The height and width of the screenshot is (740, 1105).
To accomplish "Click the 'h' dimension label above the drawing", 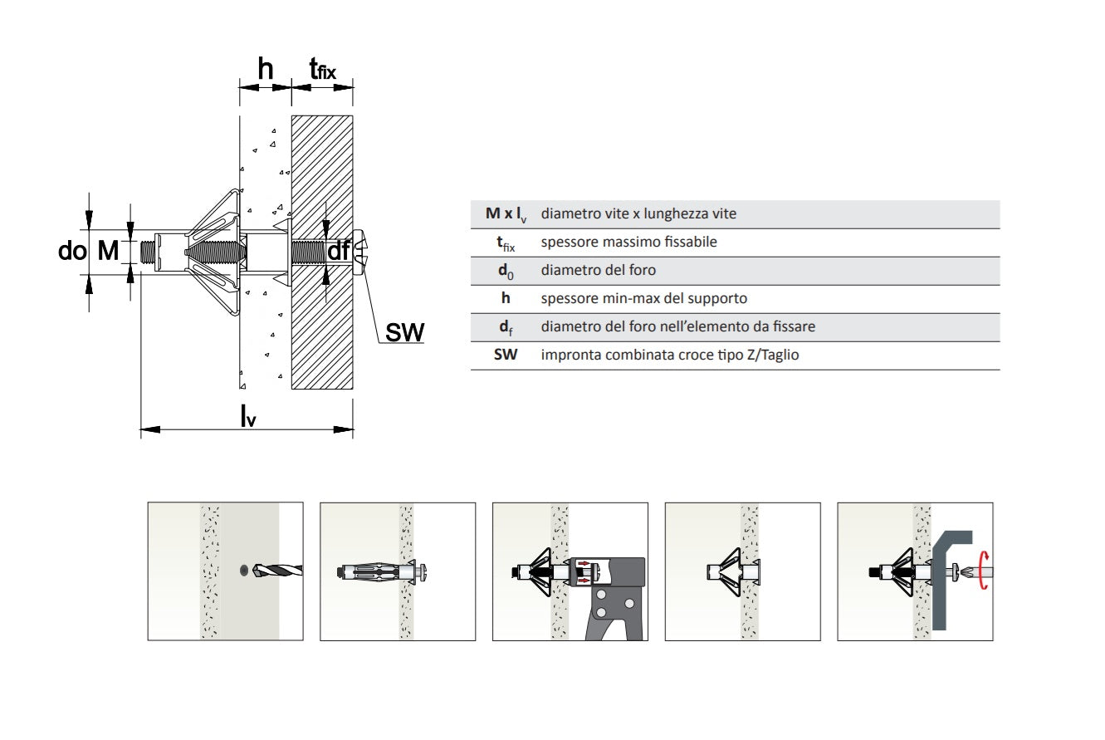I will [x=265, y=71].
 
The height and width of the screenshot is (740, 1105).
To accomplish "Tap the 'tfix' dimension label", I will [x=322, y=71].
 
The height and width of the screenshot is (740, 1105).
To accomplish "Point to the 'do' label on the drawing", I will [x=72, y=250].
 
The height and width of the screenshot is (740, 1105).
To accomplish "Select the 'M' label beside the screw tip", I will [x=109, y=250].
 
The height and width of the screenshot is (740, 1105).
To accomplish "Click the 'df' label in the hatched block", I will [x=338, y=251].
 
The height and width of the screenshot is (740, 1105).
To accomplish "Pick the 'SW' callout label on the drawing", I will [x=405, y=333].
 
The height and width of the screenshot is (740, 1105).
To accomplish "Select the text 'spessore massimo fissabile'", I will [x=628, y=243].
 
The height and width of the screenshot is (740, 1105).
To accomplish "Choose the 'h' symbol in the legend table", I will [x=506, y=298].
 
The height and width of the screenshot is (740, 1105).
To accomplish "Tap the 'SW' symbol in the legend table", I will [x=506, y=355].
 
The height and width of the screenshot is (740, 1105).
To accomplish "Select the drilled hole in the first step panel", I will [x=242, y=570].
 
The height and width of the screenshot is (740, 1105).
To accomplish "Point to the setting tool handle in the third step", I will [x=610, y=615].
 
